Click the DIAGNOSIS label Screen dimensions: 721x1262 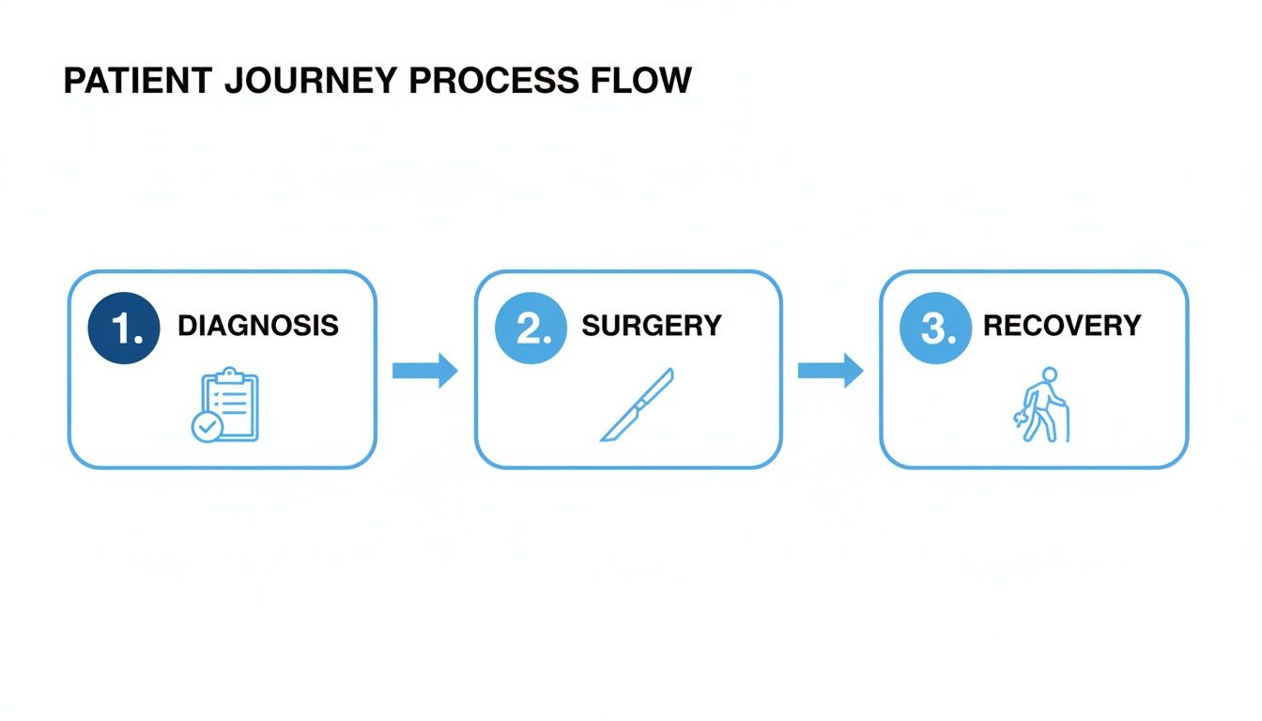click(257, 326)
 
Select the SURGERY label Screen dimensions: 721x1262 click(651, 326)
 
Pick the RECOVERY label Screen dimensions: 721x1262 click(1061, 326)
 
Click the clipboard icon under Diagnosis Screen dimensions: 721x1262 click(230, 406)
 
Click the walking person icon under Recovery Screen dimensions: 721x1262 click(1042, 406)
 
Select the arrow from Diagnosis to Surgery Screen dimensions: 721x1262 click(424, 370)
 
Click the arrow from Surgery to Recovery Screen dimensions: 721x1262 click(830, 370)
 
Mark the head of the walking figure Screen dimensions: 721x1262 click(1050, 374)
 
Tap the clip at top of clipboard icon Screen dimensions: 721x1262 click(229, 375)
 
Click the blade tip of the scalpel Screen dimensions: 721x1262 click(671, 372)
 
